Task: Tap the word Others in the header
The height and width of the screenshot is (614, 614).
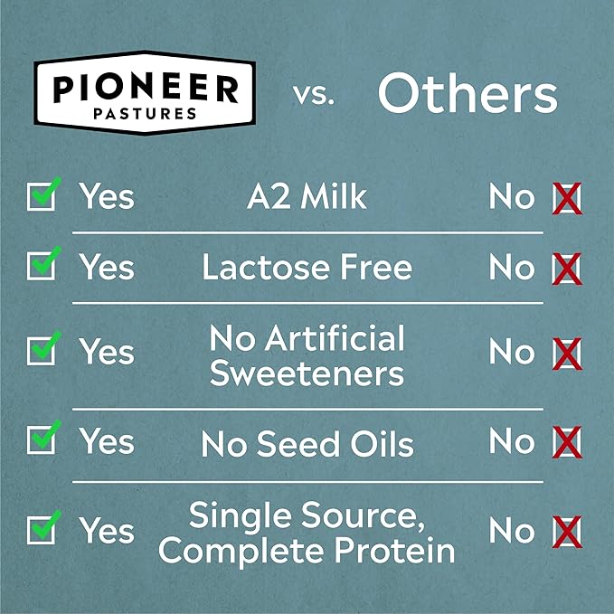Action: point(467,94)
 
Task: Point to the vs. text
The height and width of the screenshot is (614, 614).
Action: point(314,96)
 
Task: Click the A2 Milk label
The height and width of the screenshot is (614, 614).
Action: point(307,196)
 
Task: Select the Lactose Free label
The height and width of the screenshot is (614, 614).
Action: point(307,267)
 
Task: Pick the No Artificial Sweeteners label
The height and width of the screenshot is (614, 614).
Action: point(307,355)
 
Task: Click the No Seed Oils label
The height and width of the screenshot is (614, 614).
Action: point(307,443)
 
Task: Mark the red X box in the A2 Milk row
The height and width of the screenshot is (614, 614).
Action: point(567,197)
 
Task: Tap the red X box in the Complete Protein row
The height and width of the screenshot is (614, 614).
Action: point(567,533)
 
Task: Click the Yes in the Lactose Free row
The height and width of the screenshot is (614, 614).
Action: point(107,267)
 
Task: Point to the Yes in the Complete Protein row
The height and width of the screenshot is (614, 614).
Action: point(107,532)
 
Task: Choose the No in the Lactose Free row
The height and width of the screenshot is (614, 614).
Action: point(512,267)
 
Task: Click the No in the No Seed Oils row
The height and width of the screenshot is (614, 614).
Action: point(512,441)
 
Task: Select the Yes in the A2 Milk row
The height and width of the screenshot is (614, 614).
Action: point(107,196)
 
